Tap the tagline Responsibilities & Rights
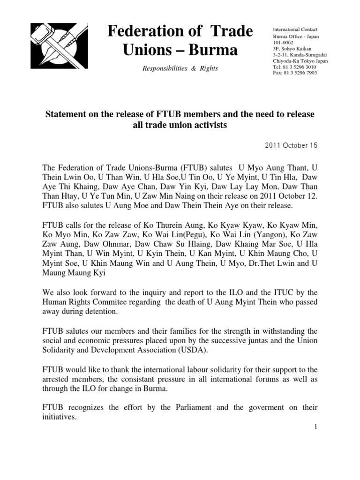(x=180, y=68)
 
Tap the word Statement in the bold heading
(x=67, y=115)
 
